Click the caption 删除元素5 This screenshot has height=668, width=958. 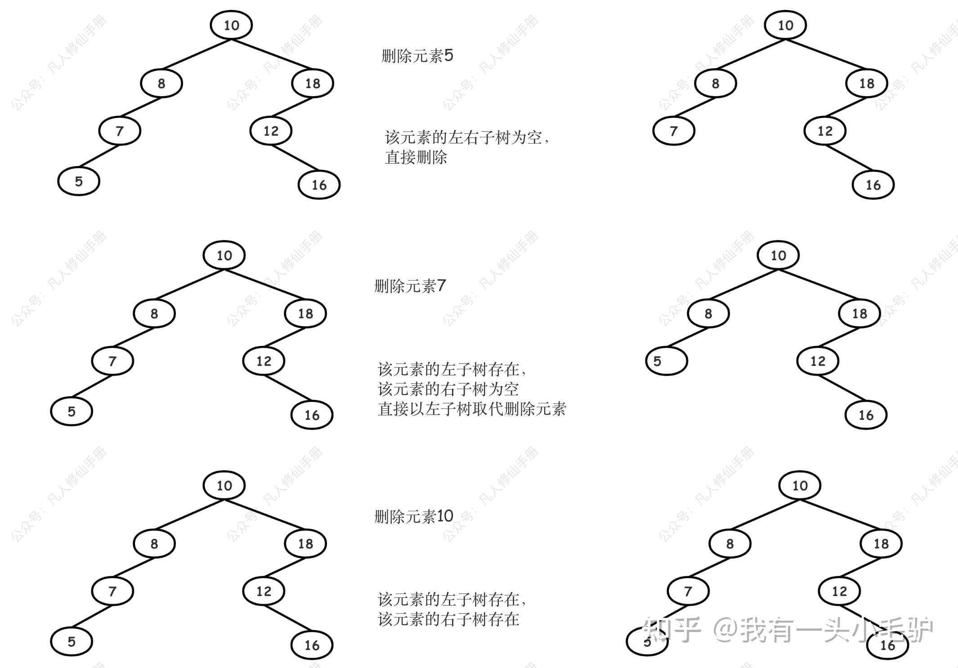pos(417,56)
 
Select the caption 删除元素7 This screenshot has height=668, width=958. pos(410,286)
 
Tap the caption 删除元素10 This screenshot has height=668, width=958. pos(413,517)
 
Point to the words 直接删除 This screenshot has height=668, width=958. pos(416,157)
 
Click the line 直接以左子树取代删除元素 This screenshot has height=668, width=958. pos(471,409)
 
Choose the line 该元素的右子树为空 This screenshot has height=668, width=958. pos(448,389)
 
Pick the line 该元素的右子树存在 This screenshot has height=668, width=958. pos(448,619)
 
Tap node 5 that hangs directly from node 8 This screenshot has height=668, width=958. pos(666,361)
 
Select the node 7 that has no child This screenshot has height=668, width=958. pos(673,131)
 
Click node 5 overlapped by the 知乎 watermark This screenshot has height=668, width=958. pos(647,642)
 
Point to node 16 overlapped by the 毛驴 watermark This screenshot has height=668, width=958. pos(887,646)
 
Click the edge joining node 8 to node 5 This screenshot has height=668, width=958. pos(687,337)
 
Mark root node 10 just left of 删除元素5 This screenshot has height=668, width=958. pos(231,25)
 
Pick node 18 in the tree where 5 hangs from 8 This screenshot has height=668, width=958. pos(860,313)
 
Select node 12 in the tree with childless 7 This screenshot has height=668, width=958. pos(825,131)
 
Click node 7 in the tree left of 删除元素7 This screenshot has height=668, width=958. pos(112,361)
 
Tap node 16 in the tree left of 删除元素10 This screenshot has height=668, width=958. pos(312,646)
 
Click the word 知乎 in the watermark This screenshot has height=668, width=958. pos(671,629)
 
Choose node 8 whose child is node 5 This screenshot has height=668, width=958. pos(708,313)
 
